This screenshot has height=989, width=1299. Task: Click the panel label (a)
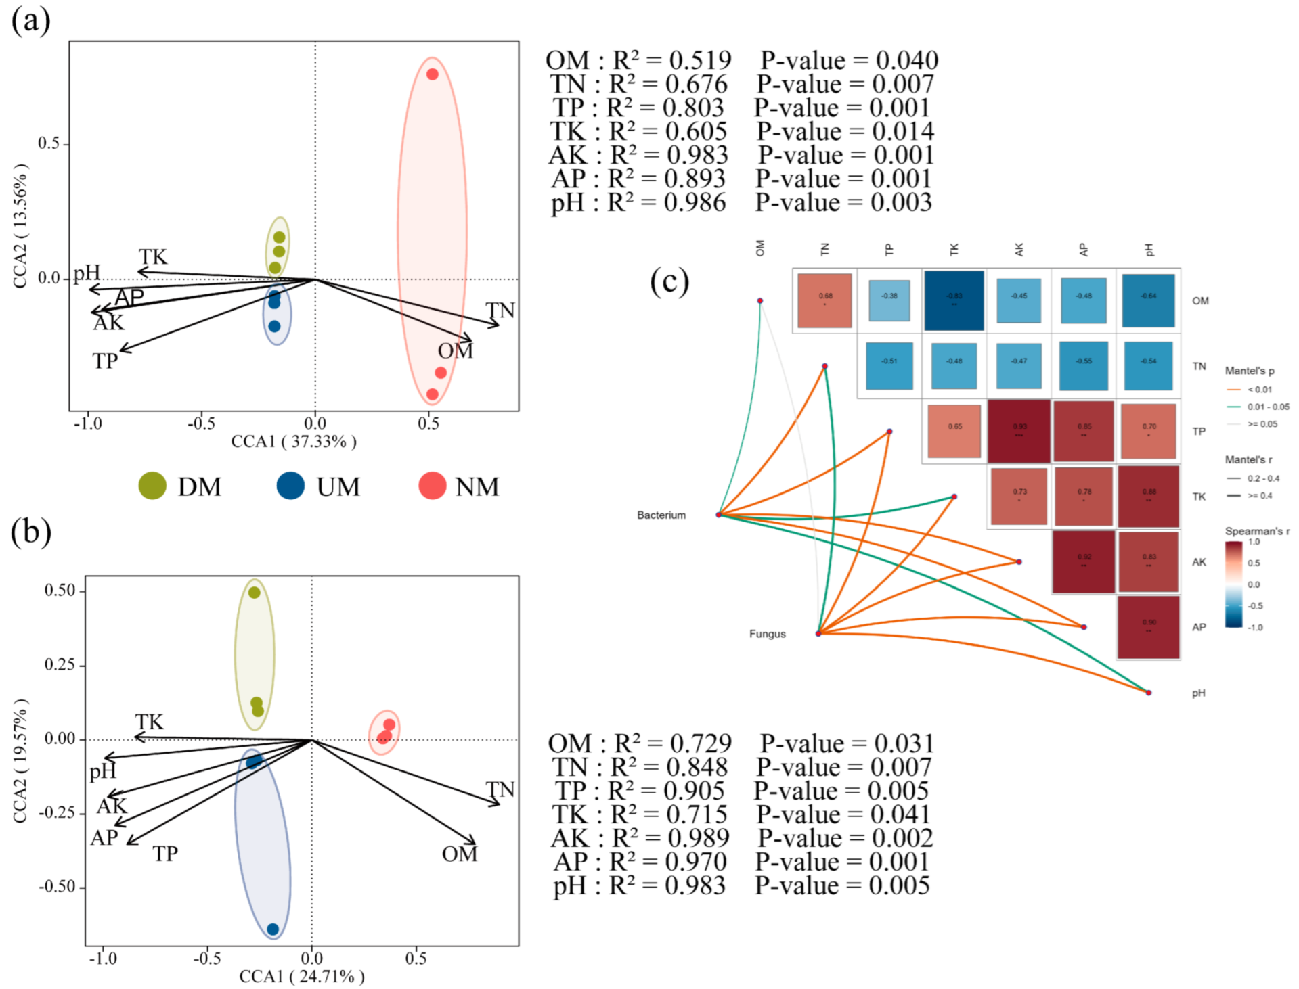point(31,20)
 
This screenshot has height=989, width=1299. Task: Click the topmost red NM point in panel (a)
point(432,74)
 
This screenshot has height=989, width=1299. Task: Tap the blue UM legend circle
point(290,486)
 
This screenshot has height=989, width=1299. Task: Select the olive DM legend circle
point(152,486)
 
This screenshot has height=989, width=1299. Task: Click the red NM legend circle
point(432,486)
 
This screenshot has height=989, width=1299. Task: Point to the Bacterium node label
point(661,515)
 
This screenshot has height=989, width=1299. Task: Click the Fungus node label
point(767,634)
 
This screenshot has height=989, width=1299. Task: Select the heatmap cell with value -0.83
point(954,300)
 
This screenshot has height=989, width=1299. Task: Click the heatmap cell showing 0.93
point(1019,431)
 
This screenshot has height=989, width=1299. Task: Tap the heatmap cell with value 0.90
point(1149,626)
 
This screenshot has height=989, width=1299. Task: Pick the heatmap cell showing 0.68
point(825,300)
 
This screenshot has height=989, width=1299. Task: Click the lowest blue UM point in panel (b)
point(273,929)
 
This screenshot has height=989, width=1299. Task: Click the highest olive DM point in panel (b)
point(254,593)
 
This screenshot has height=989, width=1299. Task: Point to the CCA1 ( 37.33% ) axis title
point(294,442)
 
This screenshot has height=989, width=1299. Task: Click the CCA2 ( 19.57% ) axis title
point(20,761)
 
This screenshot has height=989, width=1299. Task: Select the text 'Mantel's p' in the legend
point(1249,371)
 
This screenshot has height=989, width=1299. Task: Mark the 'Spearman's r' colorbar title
point(1257,531)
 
